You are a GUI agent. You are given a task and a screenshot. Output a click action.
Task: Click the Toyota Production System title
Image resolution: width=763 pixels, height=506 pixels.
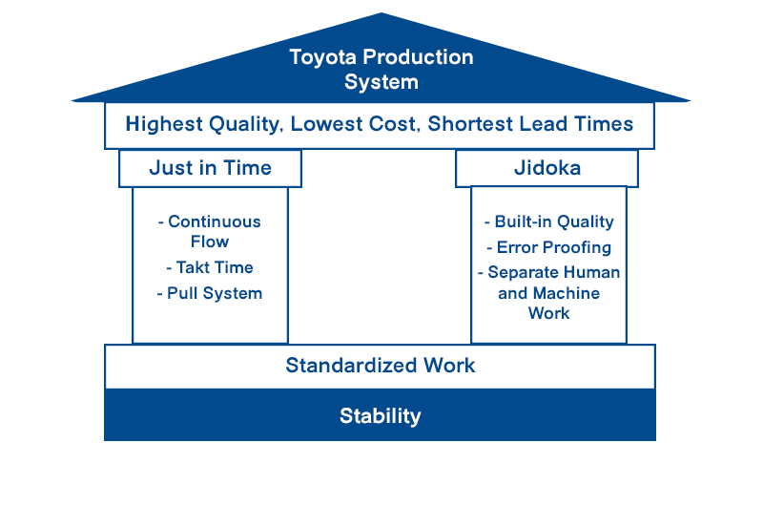(381, 69)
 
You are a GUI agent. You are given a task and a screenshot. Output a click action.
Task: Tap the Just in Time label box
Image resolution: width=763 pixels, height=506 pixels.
(210, 168)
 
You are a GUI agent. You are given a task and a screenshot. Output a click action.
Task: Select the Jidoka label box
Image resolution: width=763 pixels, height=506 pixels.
(546, 168)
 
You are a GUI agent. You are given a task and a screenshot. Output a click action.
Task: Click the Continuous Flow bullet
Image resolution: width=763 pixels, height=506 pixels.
(210, 231)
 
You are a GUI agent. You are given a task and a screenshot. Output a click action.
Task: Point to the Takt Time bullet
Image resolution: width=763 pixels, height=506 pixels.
(210, 268)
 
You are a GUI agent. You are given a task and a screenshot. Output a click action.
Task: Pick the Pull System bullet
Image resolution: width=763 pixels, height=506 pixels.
(210, 293)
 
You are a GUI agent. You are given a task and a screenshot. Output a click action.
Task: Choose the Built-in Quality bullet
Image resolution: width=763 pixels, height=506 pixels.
(548, 221)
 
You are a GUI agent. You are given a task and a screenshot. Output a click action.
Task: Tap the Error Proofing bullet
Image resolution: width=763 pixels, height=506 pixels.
(548, 247)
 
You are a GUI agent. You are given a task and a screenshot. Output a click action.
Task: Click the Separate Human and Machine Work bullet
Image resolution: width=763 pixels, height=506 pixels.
(548, 292)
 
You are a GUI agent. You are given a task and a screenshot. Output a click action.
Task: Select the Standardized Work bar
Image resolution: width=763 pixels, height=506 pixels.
(380, 366)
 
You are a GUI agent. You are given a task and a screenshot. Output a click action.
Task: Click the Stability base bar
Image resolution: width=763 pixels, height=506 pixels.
(380, 416)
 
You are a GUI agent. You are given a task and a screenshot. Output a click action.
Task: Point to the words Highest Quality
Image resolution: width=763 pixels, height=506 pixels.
(203, 124)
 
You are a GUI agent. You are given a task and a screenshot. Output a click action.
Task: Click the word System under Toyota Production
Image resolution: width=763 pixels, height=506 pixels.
(381, 82)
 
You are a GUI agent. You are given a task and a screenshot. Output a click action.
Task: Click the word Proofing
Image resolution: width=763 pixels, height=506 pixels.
(577, 248)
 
